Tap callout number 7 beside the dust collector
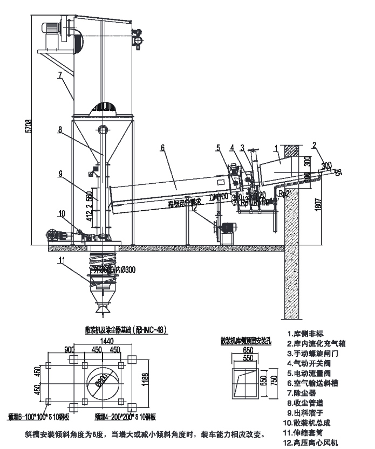[60, 75]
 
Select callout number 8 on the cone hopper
[60, 129]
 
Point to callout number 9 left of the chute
[60, 174]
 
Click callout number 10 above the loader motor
[60, 213]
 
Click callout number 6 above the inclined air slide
[162, 147]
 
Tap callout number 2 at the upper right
[315, 144]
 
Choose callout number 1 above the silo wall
[276, 147]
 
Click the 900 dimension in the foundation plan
[69, 349]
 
